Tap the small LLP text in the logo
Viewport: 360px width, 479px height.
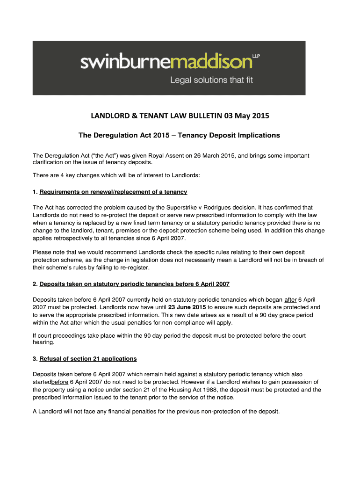coord(256,56)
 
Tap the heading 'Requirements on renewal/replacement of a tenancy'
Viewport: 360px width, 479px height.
coord(113,192)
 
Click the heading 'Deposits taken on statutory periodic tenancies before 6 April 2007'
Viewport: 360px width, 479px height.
coord(135,284)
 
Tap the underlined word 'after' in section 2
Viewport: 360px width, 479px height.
coord(290,299)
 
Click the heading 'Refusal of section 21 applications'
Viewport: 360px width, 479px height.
coord(88,359)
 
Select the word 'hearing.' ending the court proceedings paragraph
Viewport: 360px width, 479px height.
coord(43,342)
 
